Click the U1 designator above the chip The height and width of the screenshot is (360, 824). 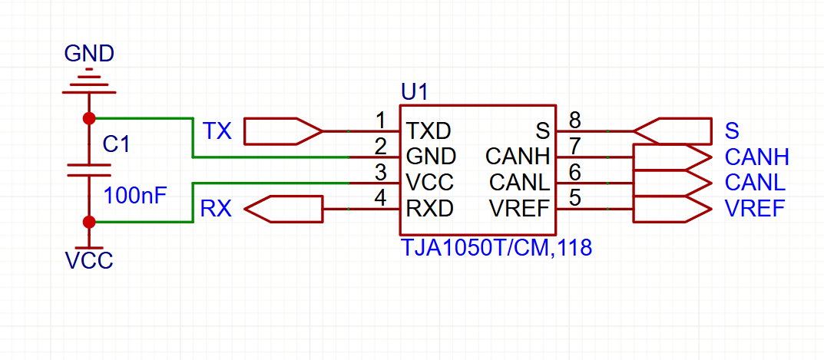coord(415,93)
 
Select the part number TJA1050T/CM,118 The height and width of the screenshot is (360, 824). coord(497,247)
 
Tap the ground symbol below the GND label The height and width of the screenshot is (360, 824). coord(89,81)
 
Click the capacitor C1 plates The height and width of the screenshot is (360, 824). coord(89,170)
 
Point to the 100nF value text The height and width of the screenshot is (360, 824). coord(136,196)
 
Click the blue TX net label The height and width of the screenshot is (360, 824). coord(217,130)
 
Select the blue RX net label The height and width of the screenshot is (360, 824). coord(216,209)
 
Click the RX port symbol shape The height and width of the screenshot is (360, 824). coord(283,209)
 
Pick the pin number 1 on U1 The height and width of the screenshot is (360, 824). coord(381,121)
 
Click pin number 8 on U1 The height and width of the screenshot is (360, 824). coord(575,121)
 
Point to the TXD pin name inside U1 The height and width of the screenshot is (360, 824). coord(429,130)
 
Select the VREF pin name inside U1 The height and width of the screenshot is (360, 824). coord(519,209)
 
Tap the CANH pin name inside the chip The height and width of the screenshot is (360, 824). coord(517,156)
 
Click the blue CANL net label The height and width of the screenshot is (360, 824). coord(755,183)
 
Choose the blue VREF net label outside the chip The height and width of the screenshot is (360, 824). coord(755,209)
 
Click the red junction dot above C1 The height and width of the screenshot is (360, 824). coord(89,117)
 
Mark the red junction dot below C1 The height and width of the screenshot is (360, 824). coord(89,223)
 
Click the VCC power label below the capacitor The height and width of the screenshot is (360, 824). coord(89,261)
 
